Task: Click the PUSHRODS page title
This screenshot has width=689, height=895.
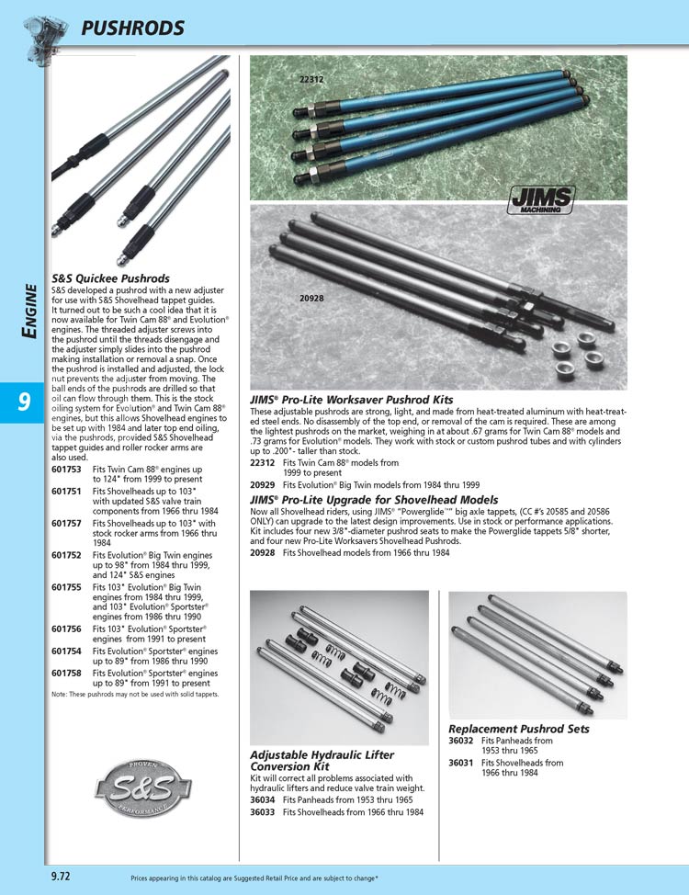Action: click(x=133, y=28)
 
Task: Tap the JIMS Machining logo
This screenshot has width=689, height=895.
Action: click(x=541, y=198)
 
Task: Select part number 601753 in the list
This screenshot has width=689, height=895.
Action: click(x=67, y=469)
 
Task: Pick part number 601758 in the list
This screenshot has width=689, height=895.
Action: click(x=67, y=673)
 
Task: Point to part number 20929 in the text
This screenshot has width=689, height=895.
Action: click(x=263, y=483)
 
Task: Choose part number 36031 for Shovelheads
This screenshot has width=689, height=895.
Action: click(x=461, y=763)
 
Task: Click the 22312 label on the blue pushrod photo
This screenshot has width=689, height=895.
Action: click(x=311, y=80)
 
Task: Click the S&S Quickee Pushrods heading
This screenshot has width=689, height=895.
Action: click(x=110, y=278)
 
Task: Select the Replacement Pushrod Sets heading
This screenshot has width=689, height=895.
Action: click(x=519, y=729)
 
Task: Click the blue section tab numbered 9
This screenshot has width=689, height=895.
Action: click(x=23, y=402)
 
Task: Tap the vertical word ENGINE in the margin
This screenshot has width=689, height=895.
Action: click(x=29, y=312)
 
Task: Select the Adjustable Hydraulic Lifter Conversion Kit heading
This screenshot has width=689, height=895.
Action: click(x=322, y=761)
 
